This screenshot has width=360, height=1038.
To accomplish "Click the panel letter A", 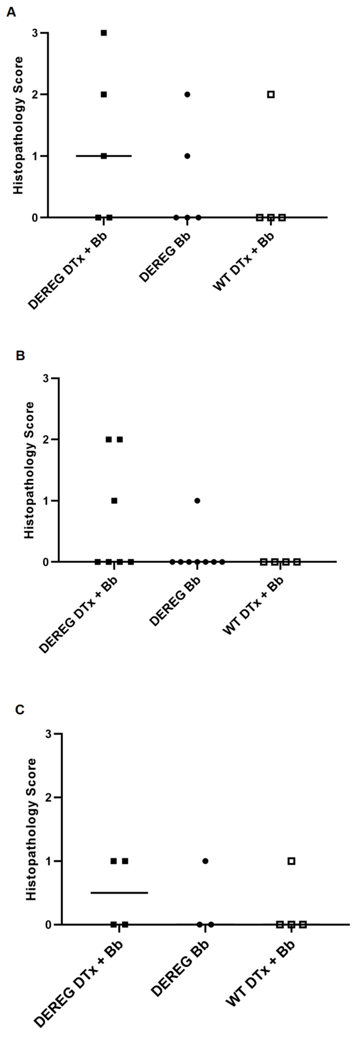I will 12,12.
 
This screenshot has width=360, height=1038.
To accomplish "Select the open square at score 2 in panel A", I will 271,94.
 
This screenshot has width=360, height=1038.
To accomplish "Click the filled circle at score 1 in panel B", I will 197,500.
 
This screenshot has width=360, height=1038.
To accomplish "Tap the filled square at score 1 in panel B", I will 114,500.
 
